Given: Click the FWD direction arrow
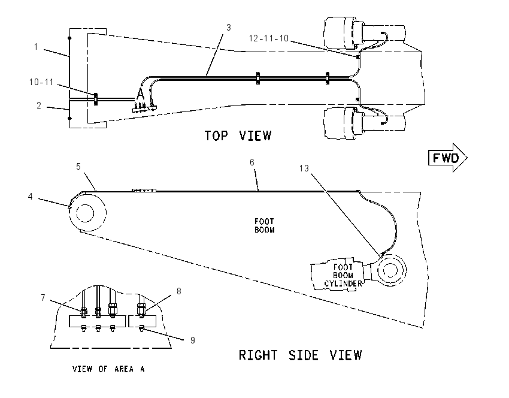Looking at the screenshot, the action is click(x=448, y=158).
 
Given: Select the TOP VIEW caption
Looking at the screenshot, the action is click(x=238, y=135).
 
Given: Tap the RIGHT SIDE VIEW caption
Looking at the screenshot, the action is click(x=300, y=355).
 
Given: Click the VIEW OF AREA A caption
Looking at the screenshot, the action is click(x=108, y=369).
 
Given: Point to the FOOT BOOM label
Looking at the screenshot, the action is click(x=264, y=225).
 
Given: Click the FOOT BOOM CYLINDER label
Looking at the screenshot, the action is click(x=343, y=276).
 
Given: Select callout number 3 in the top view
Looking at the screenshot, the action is click(x=229, y=28).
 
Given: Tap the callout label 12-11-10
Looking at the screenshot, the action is click(x=268, y=38).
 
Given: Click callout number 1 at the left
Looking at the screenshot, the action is click(x=36, y=47).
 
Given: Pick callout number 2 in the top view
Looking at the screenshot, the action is click(x=39, y=105).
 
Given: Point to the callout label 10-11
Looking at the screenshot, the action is click(x=41, y=82).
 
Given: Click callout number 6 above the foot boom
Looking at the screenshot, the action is click(x=252, y=162).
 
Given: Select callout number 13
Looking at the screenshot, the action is click(x=304, y=168).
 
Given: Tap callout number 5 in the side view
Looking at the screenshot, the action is click(x=78, y=167).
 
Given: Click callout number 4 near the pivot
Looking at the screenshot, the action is click(x=30, y=197).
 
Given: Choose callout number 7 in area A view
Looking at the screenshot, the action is click(x=43, y=298).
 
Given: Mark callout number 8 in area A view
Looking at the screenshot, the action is click(x=179, y=291).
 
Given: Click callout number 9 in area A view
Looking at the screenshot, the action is click(x=192, y=340).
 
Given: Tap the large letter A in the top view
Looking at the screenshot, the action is click(x=140, y=94).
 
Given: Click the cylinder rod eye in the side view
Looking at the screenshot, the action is click(x=390, y=270).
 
